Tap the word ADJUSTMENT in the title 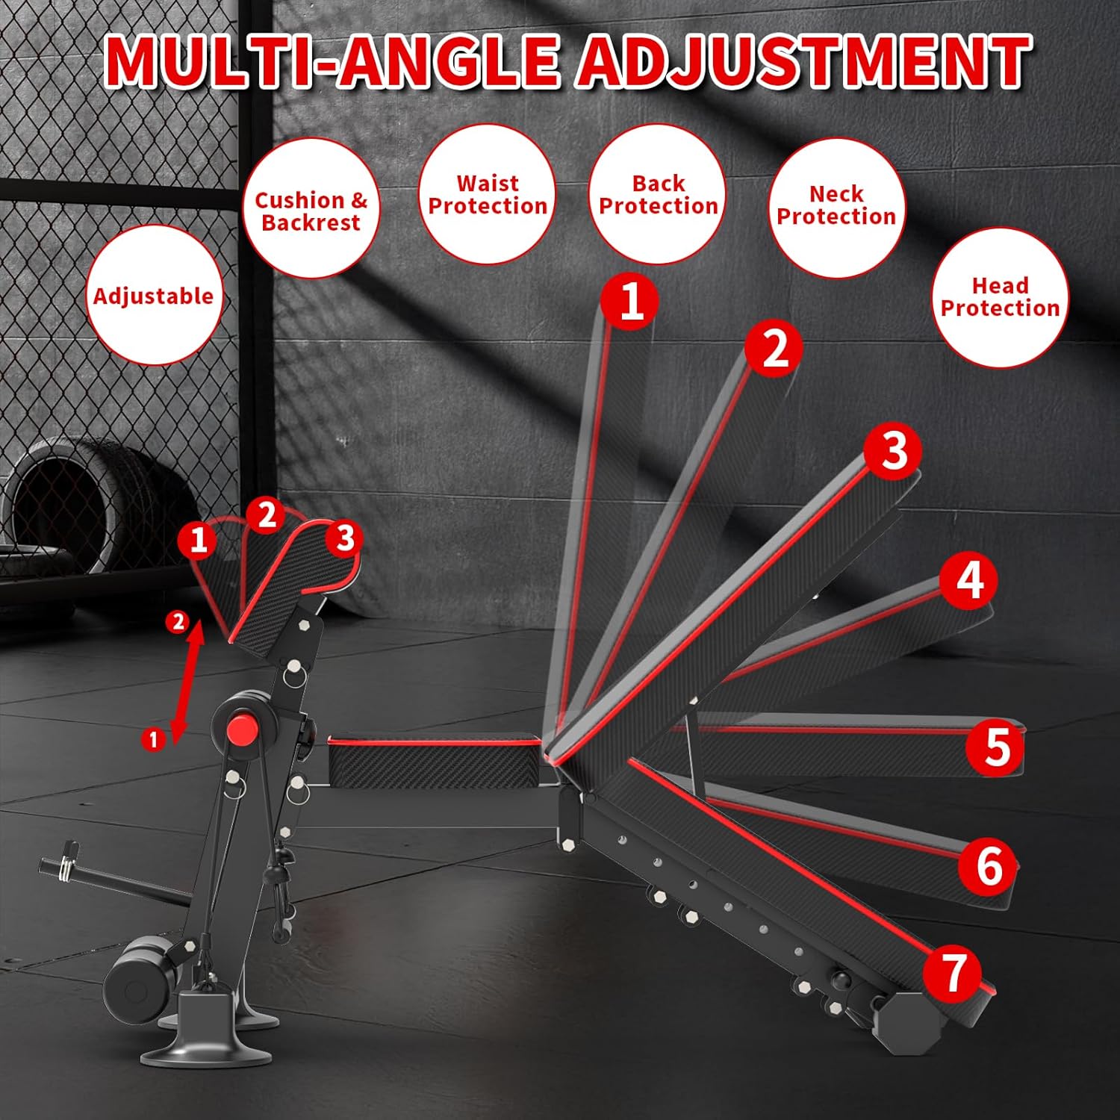(x=803, y=60)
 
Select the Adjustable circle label (x=154, y=296)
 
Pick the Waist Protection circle (x=487, y=194)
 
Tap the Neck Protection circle (x=836, y=206)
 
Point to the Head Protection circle (x=1000, y=297)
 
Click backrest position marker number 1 (x=631, y=301)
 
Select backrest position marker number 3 (x=893, y=451)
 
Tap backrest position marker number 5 (x=995, y=746)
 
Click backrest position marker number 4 (x=968, y=580)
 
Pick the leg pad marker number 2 (x=266, y=515)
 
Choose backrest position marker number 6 (x=989, y=865)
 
